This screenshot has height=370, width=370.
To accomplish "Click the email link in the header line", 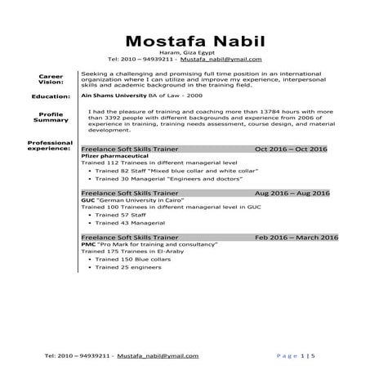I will point(221,60).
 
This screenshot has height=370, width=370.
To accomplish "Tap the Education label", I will point(51,96).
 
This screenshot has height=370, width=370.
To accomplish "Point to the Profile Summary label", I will point(51,117).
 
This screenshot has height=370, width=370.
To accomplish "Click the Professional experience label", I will point(51,146).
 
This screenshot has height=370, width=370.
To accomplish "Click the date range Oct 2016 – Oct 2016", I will point(291,149).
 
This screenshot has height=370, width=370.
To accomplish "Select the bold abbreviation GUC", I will point(87,200).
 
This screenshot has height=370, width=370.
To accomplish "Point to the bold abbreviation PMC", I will point(88,243).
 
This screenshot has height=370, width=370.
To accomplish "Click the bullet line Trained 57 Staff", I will point(118,215).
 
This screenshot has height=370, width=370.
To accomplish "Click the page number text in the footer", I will point(296,356).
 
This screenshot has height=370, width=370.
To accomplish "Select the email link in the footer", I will point(158,356).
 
